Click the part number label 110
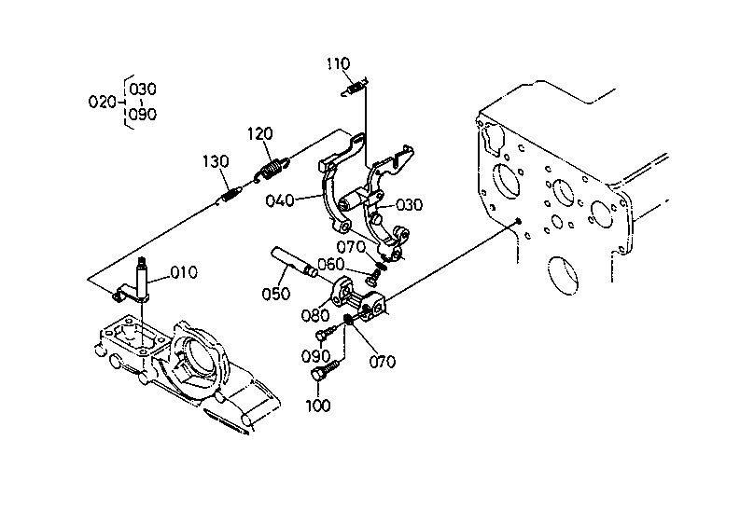coord(339,63)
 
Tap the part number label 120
coord(260,133)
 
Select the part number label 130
coord(216,161)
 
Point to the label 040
coord(280,200)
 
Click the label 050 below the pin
coord(276,294)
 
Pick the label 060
coord(331,265)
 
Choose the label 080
coord(314,315)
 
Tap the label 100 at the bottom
coord(318,406)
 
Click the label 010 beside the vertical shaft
coord(184,272)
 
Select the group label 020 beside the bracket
coord(102,102)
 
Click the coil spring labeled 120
coord(272,169)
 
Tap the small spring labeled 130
coord(230,194)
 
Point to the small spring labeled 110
coord(355,88)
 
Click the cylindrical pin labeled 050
coord(293,262)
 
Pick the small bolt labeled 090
coord(326,332)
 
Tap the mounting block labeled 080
coord(359,298)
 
